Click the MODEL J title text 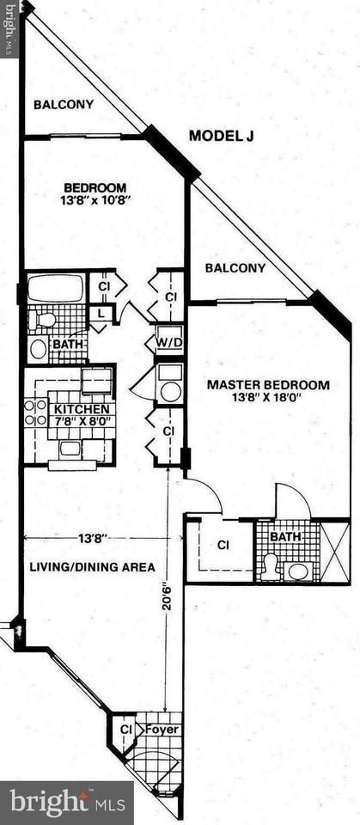tap(223, 136)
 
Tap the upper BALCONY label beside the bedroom tap(63, 105)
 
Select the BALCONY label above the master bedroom tap(235, 268)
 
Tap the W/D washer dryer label tap(168, 343)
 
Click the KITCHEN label tap(83, 409)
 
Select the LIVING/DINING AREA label tap(92, 567)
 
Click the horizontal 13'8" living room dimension tap(92, 539)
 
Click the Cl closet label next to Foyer tap(126, 730)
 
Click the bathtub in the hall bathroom tap(55, 289)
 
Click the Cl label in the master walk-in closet tap(223, 544)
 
